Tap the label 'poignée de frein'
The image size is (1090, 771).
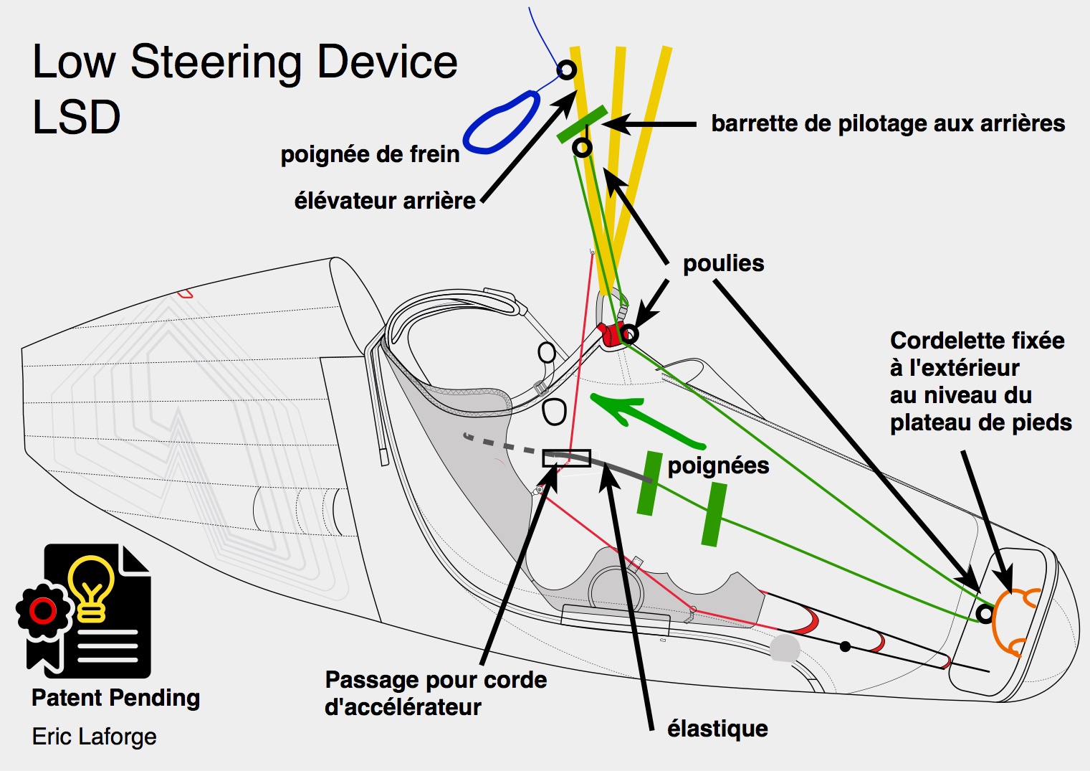[x=370, y=154]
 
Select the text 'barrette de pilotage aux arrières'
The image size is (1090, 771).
[x=887, y=123]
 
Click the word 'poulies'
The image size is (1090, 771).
[x=723, y=263]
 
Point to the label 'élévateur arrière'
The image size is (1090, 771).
[x=385, y=200]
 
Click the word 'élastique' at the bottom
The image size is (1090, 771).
[x=717, y=729]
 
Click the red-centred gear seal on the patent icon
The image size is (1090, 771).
[x=43, y=611]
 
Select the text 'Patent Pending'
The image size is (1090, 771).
[x=115, y=698]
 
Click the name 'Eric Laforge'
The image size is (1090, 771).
[x=94, y=737]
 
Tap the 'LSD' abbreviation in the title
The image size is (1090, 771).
[x=76, y=118]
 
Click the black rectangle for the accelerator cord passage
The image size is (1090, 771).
[x=566, y=458]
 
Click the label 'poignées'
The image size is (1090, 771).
[x=718, y=465]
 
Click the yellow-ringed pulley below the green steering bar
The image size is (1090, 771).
[x=583, y=148]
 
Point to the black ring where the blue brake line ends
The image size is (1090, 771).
[x=566, y=70]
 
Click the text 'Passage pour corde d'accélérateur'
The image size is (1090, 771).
[x=436, y=693]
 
